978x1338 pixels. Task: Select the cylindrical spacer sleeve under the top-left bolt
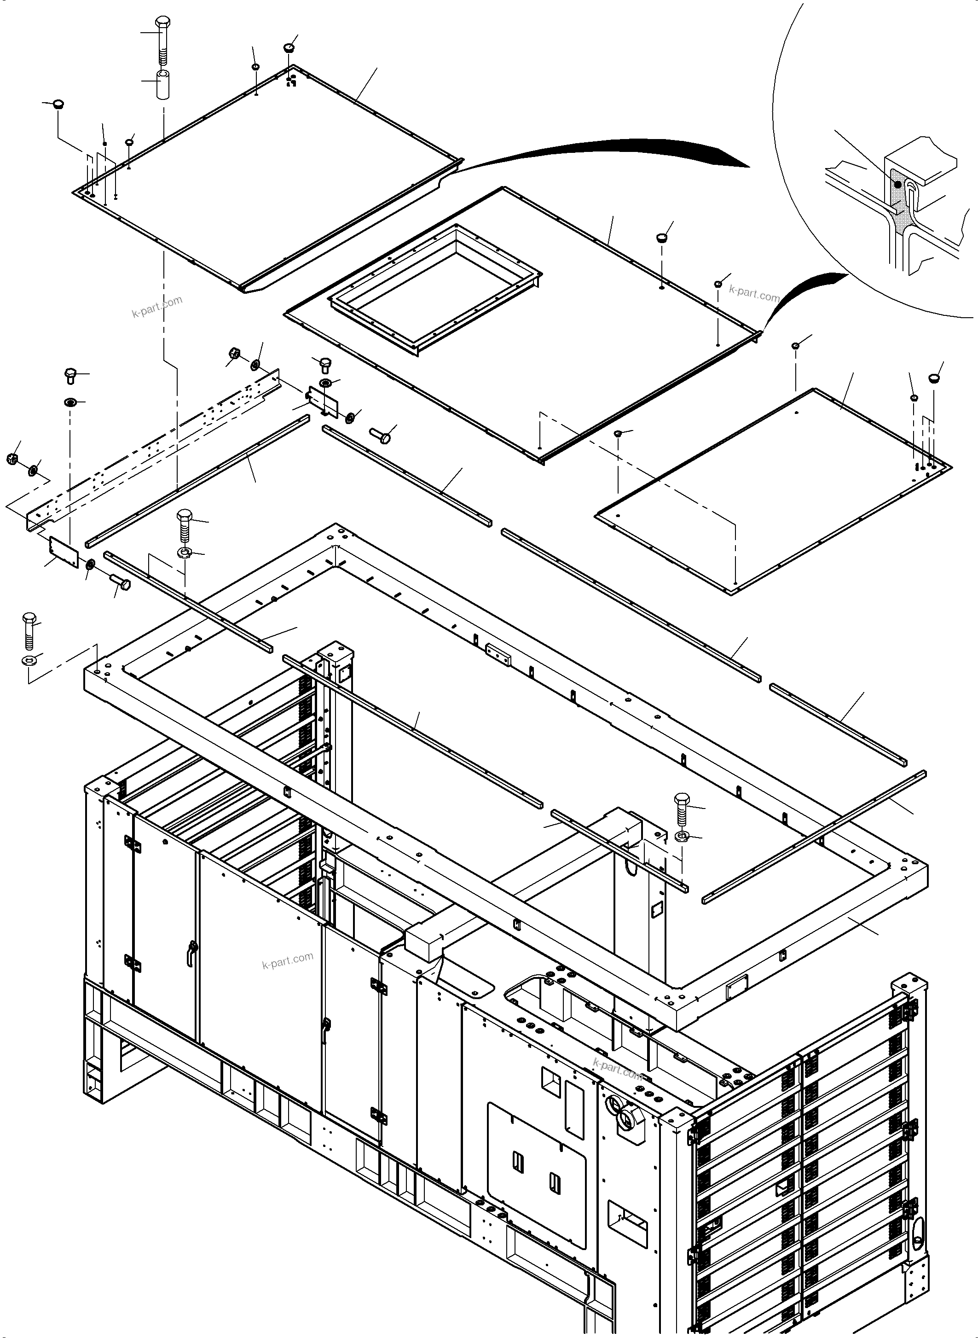pyautogui.click(x=164, y=85)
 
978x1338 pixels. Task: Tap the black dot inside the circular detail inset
pyautogui.click(x=897, y=185)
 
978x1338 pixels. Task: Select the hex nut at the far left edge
pyautogui.click(x=11, y=459)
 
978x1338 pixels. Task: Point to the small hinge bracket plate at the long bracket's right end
pyautogui.click(x=323, y=401)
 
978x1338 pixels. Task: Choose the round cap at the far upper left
pyautogui.click(x=58, y=104)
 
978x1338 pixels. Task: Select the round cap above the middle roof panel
pyautogui.click(x=661, y=238)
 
